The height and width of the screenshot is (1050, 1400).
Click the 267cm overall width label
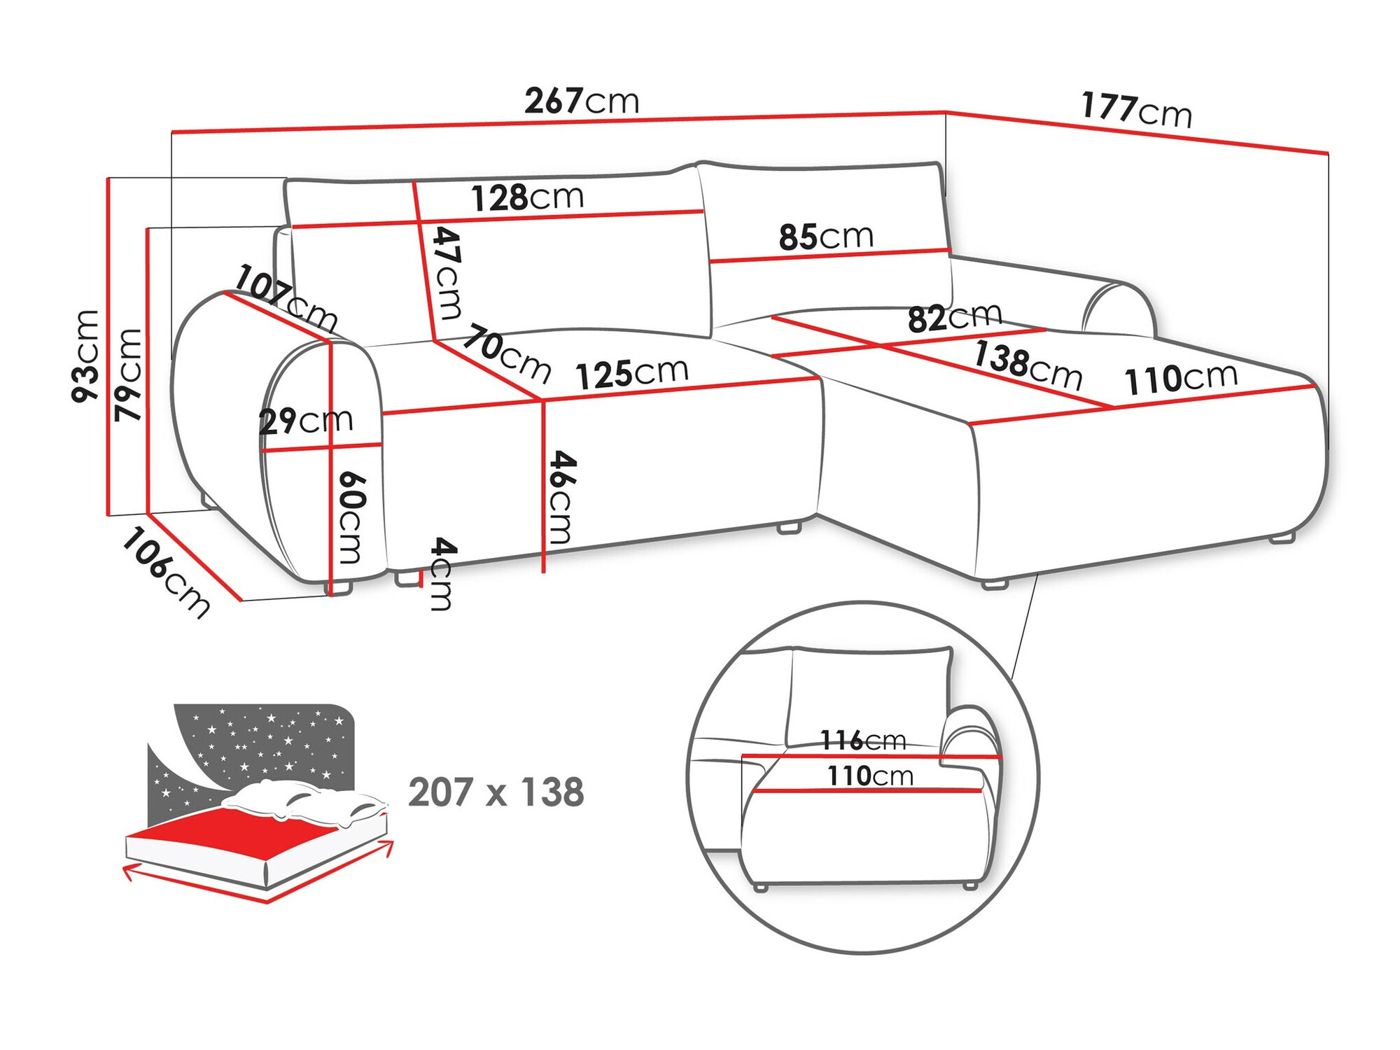coord(582,101)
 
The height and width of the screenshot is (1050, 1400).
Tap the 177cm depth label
coord(1135,110)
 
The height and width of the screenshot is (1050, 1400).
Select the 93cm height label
coord(86,356)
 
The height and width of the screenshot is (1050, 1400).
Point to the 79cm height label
coord(129,374)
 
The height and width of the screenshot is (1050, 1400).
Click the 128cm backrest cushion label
coord(527,197)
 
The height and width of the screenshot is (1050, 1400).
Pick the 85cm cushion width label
coord(826,237)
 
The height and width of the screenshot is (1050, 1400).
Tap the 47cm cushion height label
coord(447,272)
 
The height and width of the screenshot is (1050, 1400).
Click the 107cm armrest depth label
coord(286,297)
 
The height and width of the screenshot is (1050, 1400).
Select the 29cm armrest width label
coord(305,421)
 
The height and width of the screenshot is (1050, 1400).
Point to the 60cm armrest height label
coord(351,517)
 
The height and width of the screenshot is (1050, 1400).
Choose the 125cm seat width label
coord(632,373)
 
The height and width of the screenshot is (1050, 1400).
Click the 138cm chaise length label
coord(1028,365)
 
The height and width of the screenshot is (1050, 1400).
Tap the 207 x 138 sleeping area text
coord(496,792)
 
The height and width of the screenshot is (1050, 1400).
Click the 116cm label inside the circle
coord(862,740)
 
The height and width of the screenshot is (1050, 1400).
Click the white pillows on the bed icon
coord(308,801)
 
